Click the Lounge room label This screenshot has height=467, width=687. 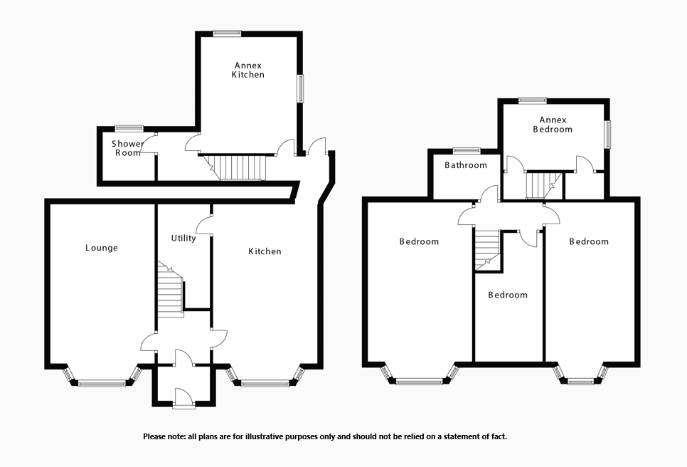click(x=102, y=248)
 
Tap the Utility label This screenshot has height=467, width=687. click(x=183, y=238)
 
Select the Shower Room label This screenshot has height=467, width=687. click(x=127, y=148)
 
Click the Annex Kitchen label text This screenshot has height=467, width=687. click(x=247, y=70)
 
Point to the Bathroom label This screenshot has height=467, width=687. click(x=466, y=165)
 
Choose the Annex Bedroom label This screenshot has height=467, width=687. click(x=553, y=125)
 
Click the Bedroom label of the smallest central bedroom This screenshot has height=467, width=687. click(x=508, y=295)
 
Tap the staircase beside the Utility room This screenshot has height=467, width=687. click(x=169, y=292)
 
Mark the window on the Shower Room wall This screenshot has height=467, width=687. click(x=129, y=128)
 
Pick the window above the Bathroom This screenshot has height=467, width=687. click(x=467, y=150)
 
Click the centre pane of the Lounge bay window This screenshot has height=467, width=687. click(x=101, y=384)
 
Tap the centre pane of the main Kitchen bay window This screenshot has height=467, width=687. click(x=265, y=384)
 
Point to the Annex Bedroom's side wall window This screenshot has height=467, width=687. click(x=607, y=134)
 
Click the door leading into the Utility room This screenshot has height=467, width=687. click(x=204, y=226)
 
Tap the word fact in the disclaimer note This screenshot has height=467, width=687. click(x=499, y=436)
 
